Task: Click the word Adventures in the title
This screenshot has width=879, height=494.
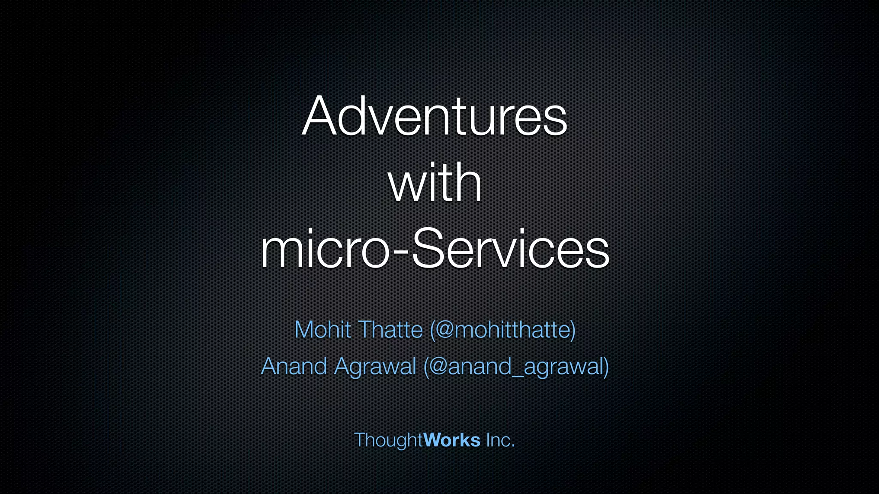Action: tap(434, 117)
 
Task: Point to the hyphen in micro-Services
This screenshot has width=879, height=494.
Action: tap(400, 253)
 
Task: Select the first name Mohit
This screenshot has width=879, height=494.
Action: tap(323, 330)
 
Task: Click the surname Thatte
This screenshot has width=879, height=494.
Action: tap(391, 330)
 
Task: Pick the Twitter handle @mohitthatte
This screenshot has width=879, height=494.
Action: tap(502, 330)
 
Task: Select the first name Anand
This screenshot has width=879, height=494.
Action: tap(294, 367)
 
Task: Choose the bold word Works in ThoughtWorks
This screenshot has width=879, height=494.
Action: tap(452, 440)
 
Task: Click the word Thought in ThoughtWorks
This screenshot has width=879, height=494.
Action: tap(388, 440)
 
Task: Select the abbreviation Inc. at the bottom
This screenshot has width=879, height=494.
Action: tap(500, 440)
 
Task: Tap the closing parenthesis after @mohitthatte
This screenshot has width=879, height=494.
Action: tap(573, 330)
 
